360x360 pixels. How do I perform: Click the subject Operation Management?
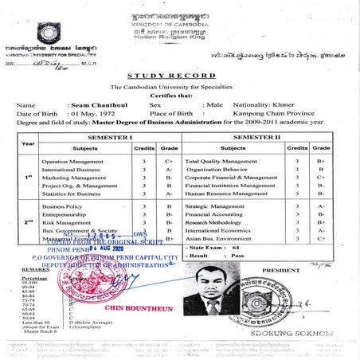[x=74, y=161]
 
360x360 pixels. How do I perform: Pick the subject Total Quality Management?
[x=221, y=161]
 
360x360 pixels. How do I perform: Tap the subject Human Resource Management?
[x=228, y=194]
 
